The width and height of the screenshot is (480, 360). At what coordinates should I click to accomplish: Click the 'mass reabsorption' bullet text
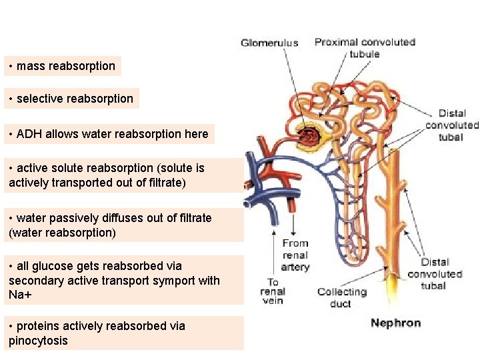(x=65, y=66)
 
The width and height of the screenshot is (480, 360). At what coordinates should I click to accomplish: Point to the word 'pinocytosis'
(x=38, y=341)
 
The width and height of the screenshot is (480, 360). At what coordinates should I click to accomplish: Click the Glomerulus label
(x=269, y=43)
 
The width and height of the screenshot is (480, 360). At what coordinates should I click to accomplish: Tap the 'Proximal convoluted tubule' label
(x=365, y=47)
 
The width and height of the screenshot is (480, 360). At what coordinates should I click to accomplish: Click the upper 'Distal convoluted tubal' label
(x=451, y=125)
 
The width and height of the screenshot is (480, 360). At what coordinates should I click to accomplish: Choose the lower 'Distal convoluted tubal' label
(x=434, y=273)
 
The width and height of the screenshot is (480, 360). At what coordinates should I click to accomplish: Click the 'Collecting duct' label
(x=342, y=297)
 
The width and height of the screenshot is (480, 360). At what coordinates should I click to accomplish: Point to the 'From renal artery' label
(x=295, y=255)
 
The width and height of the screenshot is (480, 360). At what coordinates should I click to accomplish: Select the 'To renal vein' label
(x=273, y=291)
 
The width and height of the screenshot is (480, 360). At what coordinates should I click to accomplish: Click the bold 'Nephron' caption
(x=395, y=323)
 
